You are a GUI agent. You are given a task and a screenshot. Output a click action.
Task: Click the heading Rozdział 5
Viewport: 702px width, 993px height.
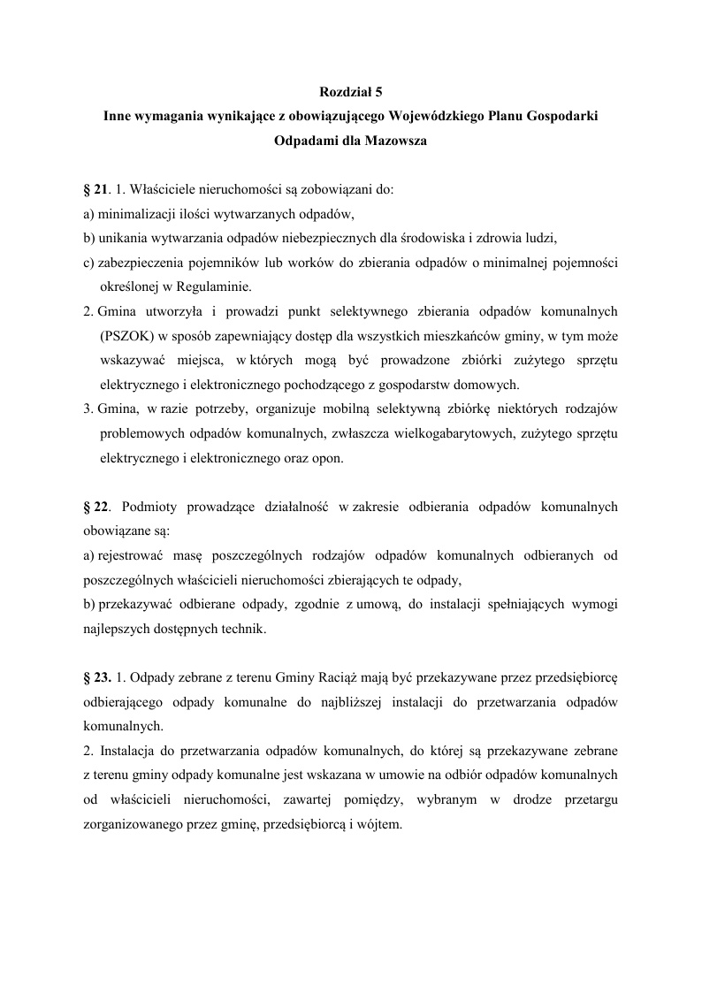coord(351,91)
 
